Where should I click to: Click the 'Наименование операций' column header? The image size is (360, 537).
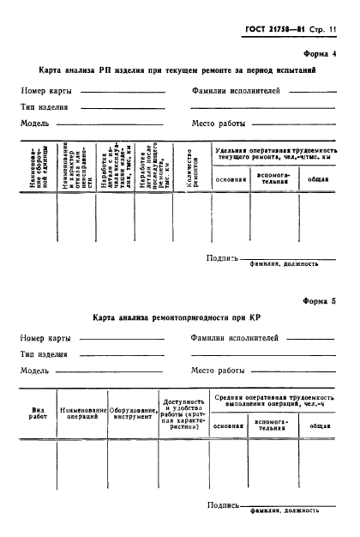pyautogui.click(x=83, y=414)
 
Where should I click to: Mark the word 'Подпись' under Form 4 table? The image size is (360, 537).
pyautogui.click(x=222, y=258)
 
